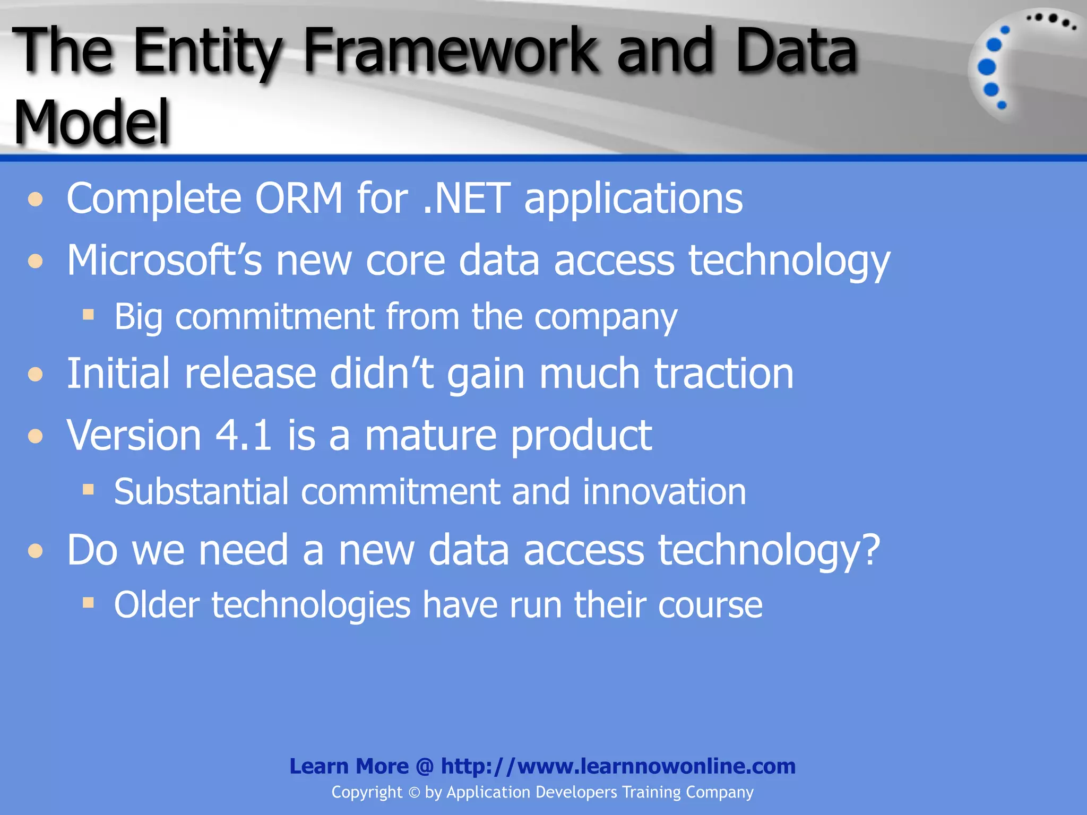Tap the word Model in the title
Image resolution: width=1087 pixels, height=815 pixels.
[91, 123]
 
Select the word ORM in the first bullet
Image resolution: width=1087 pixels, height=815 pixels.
[299, 198]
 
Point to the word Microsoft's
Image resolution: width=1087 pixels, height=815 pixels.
[165, 261]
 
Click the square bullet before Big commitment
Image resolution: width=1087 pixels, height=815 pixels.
[88, 315]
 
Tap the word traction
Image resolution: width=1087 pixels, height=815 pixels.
[724, 374]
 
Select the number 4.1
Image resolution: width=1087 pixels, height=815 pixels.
[244, 436]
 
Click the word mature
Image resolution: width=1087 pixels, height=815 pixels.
[430, 436]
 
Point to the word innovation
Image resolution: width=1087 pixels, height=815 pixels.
[664, 492]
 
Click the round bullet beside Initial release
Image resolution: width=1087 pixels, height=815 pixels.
[36, 375]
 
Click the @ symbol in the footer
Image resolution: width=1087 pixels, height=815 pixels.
[425, 766]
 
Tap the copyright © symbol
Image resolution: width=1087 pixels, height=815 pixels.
[414, 793]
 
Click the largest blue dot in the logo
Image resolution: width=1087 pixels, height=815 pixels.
[987, 67]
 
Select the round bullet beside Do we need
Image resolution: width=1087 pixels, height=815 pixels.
[36, 551]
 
